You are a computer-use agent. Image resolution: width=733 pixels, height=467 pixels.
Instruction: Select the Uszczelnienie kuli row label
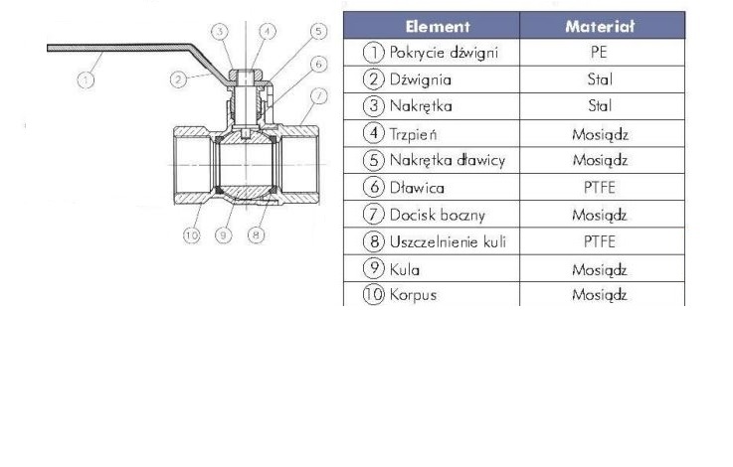click(x=439, y=240)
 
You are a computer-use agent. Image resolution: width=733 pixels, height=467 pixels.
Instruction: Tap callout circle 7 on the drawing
click(x=317, y=95)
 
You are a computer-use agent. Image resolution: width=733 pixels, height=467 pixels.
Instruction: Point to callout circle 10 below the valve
click(x=191, y=235)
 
